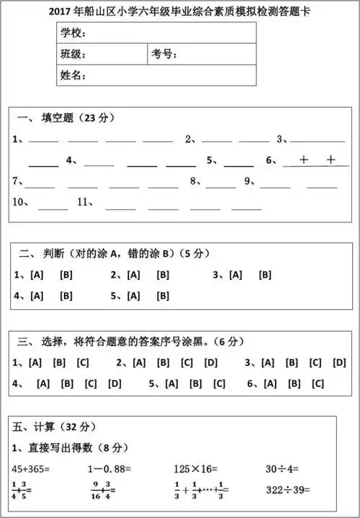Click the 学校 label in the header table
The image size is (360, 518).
[73, 33]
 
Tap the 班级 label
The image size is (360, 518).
[73, 54]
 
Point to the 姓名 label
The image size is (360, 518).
[73, 75]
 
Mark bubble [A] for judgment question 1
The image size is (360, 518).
[37, 275]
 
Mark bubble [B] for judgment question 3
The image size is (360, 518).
[265, 275]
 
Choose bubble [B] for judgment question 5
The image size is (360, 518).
[163, 295]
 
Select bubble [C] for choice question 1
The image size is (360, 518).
[83, 363]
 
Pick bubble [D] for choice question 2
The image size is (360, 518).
[211, 363]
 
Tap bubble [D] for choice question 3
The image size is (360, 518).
[339, 363]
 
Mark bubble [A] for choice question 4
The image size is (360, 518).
[42, 383]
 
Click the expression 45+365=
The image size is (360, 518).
[32, 468]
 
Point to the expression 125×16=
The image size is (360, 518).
[196, 468]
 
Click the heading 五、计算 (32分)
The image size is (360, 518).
[49, 427]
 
